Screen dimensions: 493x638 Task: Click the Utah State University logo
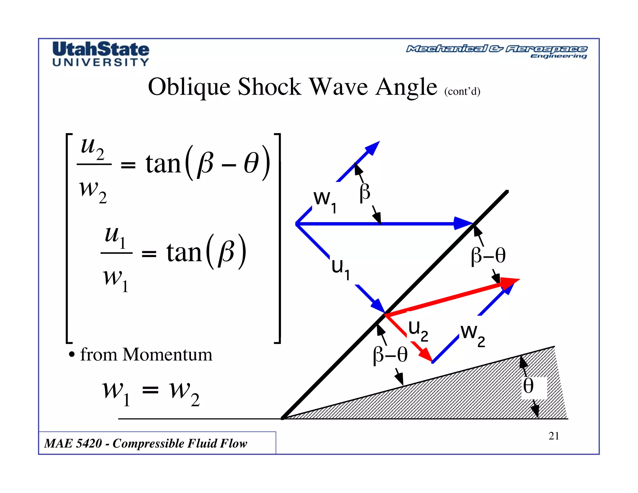coord(101,54)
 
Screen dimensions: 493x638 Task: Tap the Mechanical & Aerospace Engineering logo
coord(497,51)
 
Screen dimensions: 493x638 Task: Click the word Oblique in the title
coord(189,87)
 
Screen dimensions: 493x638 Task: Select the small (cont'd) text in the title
coord(462,91)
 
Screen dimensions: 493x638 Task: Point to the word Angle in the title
coord(406,87)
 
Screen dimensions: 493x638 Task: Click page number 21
coord(554,436)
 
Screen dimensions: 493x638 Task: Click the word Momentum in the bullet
coord(167,355)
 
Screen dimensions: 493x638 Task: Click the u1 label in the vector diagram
coord(340,269)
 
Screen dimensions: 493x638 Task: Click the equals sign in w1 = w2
coord(150,390)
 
